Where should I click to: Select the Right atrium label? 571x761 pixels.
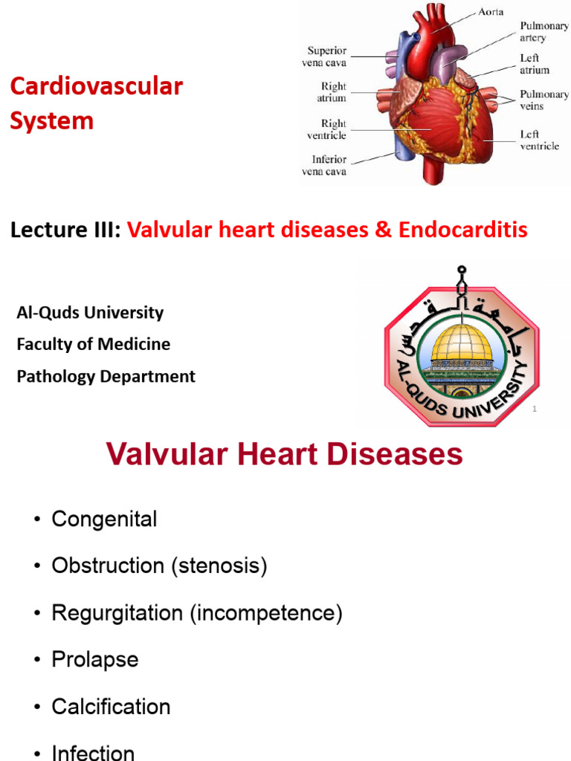coord(334,93)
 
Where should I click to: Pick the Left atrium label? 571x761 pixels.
coord(535,64)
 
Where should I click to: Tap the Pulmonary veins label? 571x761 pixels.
coord(544,100)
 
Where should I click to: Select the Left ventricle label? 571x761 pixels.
coord(539,140)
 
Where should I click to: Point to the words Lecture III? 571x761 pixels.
coord(65,230)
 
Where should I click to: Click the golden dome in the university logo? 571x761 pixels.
coord(462,343)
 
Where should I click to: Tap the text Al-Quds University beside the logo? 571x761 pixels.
coord(90,313)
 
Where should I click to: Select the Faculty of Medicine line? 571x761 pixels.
coord(94,345)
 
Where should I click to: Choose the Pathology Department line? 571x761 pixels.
coord(106,377)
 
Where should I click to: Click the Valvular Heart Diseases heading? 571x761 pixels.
coord(285,454)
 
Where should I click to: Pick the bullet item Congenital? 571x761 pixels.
coord(104,519)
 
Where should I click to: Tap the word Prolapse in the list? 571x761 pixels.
coord(95,660)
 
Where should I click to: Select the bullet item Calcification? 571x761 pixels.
coord(111,707)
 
